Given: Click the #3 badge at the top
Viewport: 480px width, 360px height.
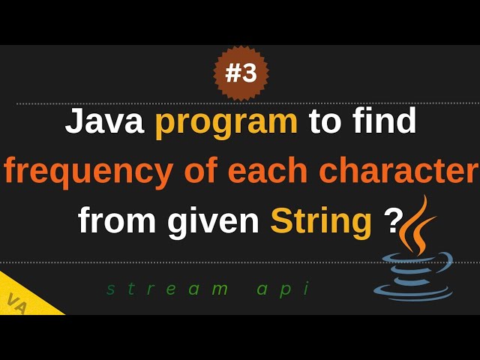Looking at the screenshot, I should tap(241, 73).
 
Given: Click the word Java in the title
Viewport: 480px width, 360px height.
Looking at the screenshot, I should tap(104, 121).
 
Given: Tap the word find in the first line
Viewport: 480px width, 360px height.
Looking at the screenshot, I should tap(382, 121).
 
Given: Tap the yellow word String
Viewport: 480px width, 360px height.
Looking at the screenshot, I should tap(321, 221).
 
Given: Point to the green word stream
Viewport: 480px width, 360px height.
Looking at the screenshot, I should tap(167, 289).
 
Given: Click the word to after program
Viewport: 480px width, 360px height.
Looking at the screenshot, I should tap(325, 122).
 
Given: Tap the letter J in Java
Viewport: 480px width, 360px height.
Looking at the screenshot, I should tap(74, 121).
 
